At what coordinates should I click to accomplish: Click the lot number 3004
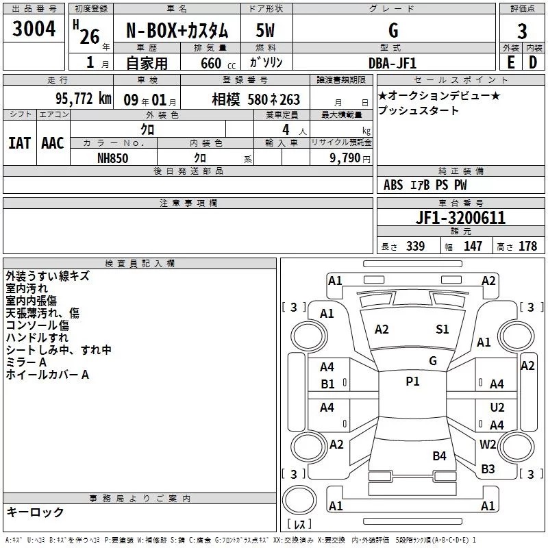[34, 29]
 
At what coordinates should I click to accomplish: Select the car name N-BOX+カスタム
[177, 30]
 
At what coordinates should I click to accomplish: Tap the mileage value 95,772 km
[83, 99]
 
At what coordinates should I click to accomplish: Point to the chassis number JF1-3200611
[460, 218]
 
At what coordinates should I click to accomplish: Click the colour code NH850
[112, 158]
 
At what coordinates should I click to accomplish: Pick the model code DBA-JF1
[393, 63]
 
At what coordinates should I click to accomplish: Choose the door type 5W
[265, 30]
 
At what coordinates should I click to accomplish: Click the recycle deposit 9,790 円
[350, 158]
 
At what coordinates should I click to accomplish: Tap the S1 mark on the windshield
[442, 329]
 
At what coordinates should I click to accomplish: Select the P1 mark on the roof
[412, 382]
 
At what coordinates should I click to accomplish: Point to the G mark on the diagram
[433, 361]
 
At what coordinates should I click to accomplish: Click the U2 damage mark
[497, 408]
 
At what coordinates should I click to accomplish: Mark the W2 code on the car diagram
[488, 444]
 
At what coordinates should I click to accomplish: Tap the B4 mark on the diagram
[439, 456]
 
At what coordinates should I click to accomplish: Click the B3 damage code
[488, 469]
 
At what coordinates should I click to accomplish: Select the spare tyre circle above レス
[299, 500]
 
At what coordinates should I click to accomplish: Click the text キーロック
[35, 512]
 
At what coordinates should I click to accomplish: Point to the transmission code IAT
[20, 143]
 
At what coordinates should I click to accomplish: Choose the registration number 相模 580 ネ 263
[256, 99]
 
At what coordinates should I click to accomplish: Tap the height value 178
[527, 247]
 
